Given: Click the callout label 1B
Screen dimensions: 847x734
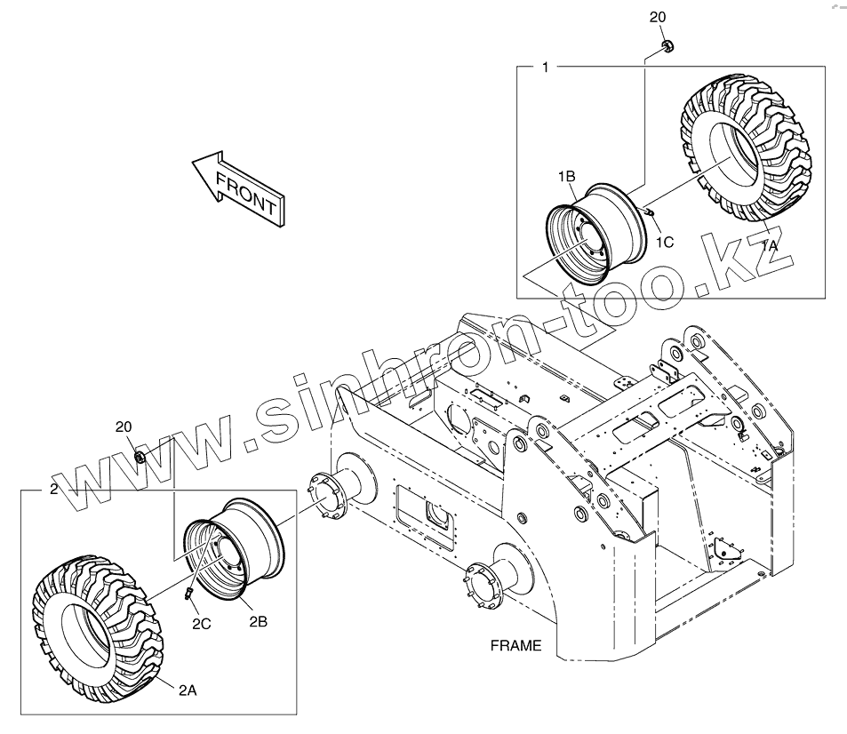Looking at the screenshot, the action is (x=566, y=177).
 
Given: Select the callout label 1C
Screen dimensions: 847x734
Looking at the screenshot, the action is (x=666, y=241).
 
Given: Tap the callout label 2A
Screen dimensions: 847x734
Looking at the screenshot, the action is (x=188, y=690).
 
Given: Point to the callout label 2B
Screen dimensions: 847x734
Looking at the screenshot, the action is (x=258, y=622).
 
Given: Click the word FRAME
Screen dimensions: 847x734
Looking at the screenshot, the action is (x=515, y=646).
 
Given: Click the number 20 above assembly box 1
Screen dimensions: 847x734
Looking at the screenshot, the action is (x=658, y=18).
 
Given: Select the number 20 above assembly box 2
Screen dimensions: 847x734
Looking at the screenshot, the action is (x=125, y=427).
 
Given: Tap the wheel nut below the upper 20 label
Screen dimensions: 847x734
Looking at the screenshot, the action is (x=666, y=45).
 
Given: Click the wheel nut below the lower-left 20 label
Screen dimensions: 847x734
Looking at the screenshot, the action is (x=140, y=457).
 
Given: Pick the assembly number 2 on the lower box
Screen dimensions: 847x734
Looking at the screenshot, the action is (x=53, y=490).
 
